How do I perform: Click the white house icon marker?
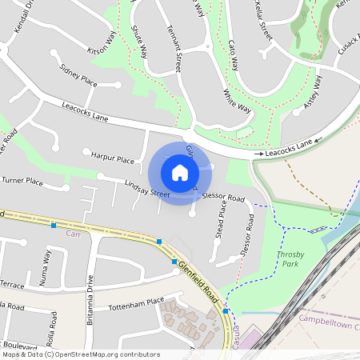[180, 172]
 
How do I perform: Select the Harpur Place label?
[113, 159]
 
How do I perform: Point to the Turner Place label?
[22, 182]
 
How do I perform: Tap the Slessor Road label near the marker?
[223, 196]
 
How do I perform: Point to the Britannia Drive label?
[90, 301]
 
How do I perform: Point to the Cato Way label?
[236, 54]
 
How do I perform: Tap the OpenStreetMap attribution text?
[81, 354]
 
